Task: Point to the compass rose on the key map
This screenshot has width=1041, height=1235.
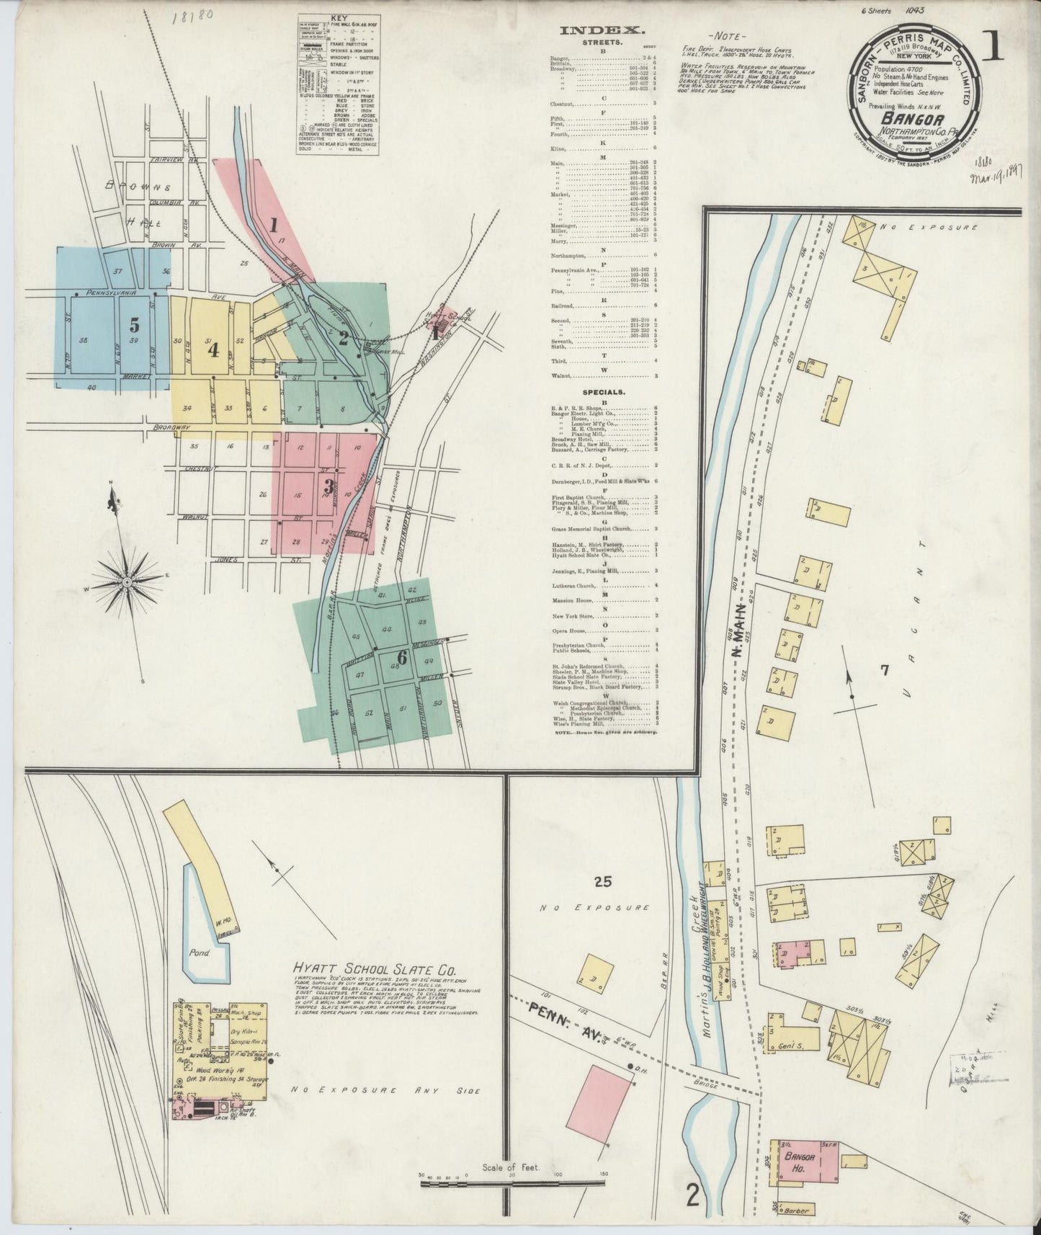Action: click(x=127, y=581)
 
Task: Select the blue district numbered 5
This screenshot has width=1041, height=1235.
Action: click(x=135, y=325)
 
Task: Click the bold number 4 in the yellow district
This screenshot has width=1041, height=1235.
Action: click(x=213, y=350)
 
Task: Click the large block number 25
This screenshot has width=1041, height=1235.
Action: click(x=603, y=880)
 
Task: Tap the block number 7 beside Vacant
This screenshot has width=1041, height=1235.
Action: click(x=885, y=671)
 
